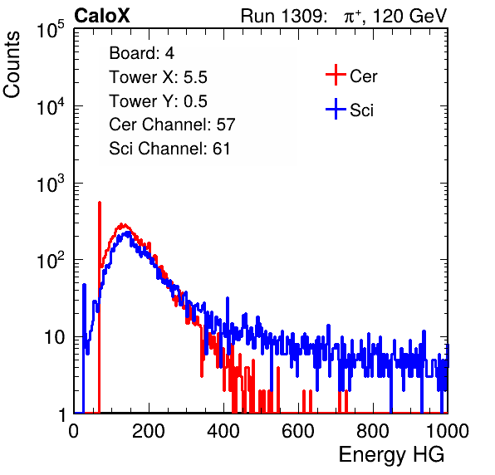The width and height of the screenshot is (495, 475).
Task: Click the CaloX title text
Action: (x=102, y=16)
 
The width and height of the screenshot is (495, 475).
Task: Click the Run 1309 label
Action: (x=283, y=16)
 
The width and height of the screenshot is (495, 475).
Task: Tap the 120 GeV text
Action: (x=410, y=16)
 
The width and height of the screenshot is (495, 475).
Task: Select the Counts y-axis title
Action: (x=12, y=65)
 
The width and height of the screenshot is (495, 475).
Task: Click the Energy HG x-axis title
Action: (x=391, y=455)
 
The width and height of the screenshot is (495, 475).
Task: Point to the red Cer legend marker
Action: (x=336, y=75)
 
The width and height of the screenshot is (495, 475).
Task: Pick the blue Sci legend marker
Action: (x=336, y=109)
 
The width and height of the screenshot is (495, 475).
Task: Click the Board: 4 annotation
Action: (x=141, y=53)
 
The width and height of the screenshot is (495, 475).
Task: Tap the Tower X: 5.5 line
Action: (x=158, y=77)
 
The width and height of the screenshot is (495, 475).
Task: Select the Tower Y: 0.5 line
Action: (x=158, y=101)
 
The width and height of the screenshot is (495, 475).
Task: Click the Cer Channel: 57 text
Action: (x=172, y=125)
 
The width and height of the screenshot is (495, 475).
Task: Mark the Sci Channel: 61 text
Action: (x=169, y=149)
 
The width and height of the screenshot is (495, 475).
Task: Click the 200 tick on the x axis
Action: (x=149, y=431)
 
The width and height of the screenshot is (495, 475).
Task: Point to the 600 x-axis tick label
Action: (x=298, y=431)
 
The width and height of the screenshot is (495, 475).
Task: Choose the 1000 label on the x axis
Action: (x=448, y=431)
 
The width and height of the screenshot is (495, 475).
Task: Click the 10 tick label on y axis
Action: (x=54, y=337)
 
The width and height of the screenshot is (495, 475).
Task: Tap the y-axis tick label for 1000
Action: (x=51, y=183)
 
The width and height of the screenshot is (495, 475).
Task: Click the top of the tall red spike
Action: (x=100, y=203)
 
